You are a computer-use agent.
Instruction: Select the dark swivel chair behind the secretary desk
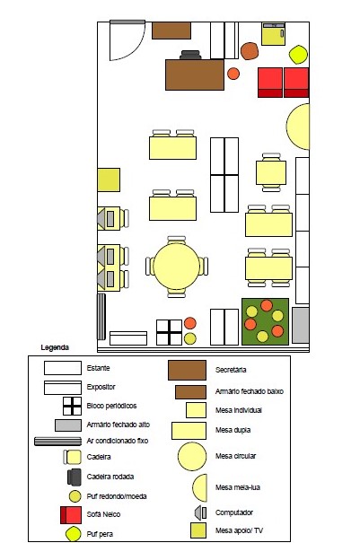[190, 55]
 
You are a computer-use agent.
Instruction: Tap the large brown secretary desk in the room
[195, 74]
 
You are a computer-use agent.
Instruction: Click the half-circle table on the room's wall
[299, 127]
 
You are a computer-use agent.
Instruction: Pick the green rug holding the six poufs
[266, 321]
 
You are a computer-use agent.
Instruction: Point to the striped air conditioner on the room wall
[101, 317]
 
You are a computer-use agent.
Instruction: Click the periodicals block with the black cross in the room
[169, 332]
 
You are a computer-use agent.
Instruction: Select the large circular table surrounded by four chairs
[176, 266]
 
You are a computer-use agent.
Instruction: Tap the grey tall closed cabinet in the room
[301, 325]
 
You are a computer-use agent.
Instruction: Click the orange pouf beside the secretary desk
[233, 74]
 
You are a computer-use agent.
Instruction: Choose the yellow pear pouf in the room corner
[298, 55]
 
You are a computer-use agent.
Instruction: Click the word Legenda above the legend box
[55, 347]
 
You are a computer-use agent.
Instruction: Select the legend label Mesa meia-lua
[238, 487]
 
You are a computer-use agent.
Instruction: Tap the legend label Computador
[234, 512]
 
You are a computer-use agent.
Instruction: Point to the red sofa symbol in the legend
[71, 515]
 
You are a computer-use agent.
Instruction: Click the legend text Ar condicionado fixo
[117, 441]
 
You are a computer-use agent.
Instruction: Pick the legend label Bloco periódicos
[111, 406]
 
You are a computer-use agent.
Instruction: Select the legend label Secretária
[231, 370]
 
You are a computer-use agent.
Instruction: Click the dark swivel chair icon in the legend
[75, 477]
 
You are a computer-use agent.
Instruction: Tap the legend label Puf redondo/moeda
[117, 496]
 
